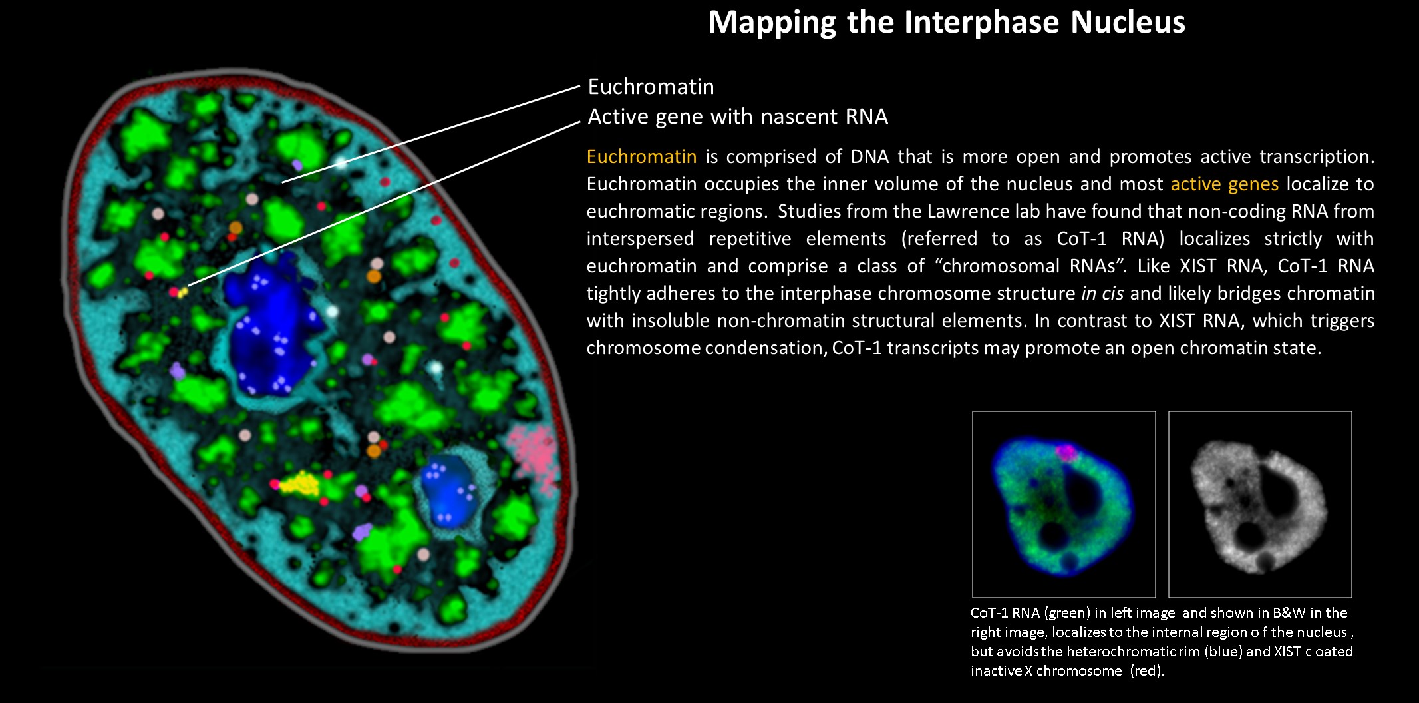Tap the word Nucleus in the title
(1128, 22)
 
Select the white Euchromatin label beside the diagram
(651, 87)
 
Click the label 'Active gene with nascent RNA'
(738, 117)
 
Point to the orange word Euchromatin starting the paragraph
(641, 156)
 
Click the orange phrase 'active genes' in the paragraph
(1224, 184)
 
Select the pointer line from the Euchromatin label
(431, 134)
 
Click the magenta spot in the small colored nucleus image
(1065, 453)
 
